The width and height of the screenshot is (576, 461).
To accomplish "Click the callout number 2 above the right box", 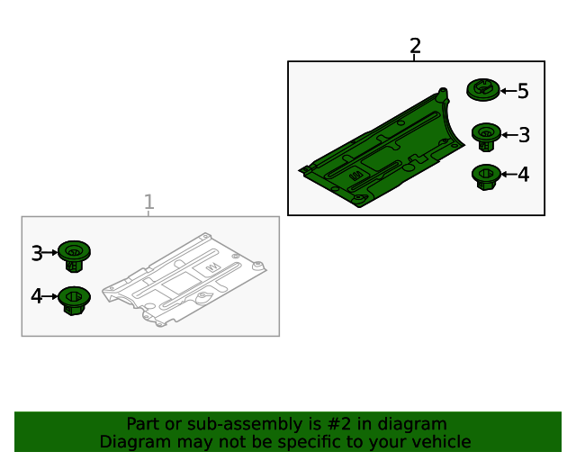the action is pyautogui.click(x=415, y=46).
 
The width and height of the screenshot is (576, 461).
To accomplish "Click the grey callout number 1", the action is pyautogui.click(x=148, y=203).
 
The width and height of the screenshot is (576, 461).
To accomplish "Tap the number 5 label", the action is pyautogui.click(x=523, y=91).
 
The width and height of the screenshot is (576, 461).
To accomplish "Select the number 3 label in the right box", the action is pyautogui.click(x=524, y=135).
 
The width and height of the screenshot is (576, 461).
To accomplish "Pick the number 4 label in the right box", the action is pyautogui.click(x=524, y=175).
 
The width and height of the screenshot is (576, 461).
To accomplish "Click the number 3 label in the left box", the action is pyautogui.click(x=37, y=253).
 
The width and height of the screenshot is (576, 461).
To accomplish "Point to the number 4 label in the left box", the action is pyautogui.click(x=37, y=296).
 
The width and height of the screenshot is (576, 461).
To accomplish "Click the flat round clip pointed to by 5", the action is pyautogui.click(x=483, y=90).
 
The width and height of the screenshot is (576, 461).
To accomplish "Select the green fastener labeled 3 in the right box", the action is pyautogui.click(x=486, y=137).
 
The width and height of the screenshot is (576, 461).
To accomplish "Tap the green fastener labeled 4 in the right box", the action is pyautogui.click(x=486, y=176).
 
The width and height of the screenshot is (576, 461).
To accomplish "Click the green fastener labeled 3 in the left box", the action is pyautogui.click(x=74, y=257).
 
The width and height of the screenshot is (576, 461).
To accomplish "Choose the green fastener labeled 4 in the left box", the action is pyautogui.click(x=74, y=301).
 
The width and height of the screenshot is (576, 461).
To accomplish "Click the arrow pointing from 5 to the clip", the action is pyautogui.click(x=508, y=91).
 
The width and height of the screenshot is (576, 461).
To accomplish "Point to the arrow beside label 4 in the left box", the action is pyautogui.click(x=50, y=296).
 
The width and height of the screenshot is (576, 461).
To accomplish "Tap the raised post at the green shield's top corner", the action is pyautogui.click(x=443, y=95).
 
